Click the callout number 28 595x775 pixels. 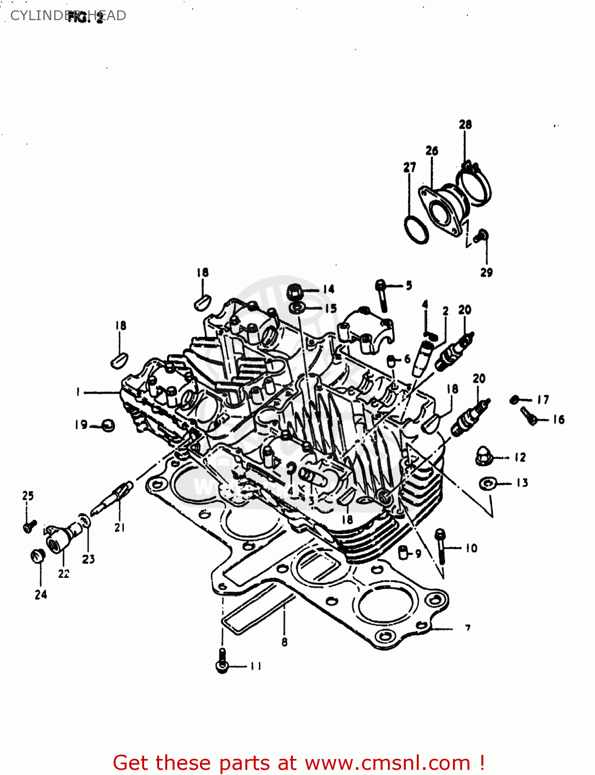[x=465, y=125]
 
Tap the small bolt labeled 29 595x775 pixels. [x=481, y=237]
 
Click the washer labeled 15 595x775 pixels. [x=296, y=308]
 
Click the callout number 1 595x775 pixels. [x=78, y=392]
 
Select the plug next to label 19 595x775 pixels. [x=108, y=425]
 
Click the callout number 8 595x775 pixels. [x=284, y=642]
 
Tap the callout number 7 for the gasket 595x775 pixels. [x=467, y=628]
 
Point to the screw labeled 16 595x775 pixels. [x=529, y=416]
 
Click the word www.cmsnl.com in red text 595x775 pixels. [x=387, y=763]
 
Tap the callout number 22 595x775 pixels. [x=64, y=574]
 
